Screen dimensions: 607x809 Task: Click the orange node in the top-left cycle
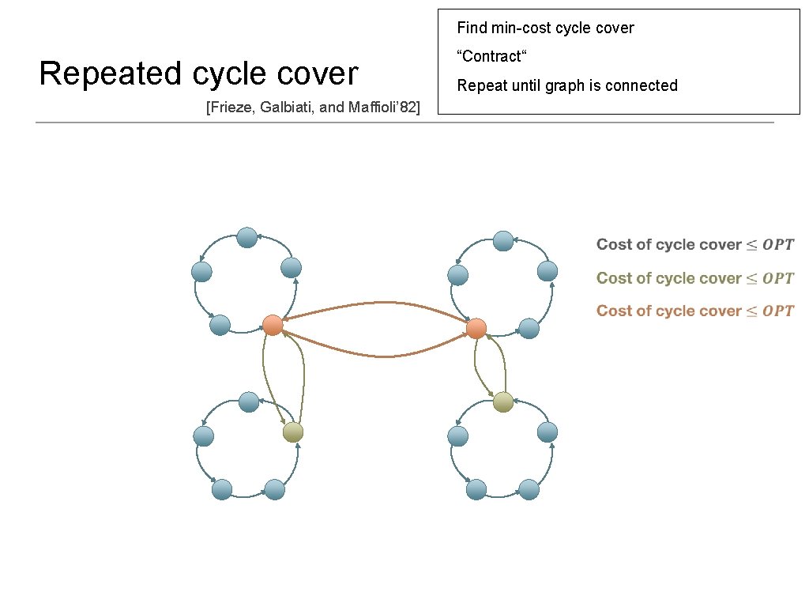point(273,325)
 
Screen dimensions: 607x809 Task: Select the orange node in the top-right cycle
point(476,328)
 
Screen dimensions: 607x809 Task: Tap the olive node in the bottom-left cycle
point(293,432)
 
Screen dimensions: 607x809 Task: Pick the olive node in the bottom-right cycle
point(503,402)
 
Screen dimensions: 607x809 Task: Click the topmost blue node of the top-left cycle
point(247,237)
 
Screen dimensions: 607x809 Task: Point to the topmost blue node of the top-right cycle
point(503,240)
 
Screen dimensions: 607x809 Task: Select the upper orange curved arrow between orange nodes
point(379,303)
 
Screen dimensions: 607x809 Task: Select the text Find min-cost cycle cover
point(545,28)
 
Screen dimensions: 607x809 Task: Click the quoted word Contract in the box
point(491,57)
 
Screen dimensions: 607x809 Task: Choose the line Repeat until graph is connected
point(567,85)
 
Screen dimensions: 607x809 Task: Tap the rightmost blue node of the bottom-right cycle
point(547,432)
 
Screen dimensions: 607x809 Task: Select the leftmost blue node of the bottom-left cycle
point(203,435)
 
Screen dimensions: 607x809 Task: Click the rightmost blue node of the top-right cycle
point(547,271)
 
